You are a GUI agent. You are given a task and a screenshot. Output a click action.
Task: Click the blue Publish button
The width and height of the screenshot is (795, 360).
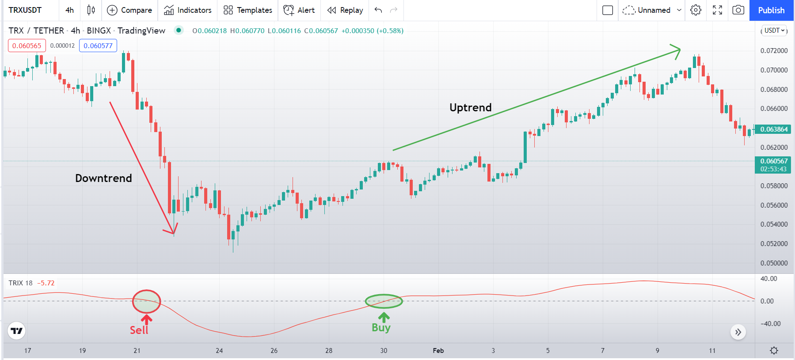(x=771, y=10)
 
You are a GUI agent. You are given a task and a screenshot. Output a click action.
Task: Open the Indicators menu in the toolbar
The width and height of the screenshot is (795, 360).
(x=188, y=10)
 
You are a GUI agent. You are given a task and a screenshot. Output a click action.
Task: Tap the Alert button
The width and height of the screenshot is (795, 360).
(x=299, y=10)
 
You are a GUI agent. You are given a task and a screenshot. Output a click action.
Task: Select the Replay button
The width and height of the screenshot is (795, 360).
(x=345, y=10)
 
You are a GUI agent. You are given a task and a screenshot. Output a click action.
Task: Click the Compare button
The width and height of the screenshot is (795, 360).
(x=130, y=10)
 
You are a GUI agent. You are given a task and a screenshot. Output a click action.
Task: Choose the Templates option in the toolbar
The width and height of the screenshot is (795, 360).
(x=248, y=10)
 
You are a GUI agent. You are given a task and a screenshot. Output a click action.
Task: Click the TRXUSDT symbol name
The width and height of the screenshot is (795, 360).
(x=25, y=10)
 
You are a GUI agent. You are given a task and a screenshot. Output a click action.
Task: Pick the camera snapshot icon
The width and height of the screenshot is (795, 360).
(x=738, y=10)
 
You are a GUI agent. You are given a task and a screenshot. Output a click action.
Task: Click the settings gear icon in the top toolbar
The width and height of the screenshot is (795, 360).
(x=696, y=10)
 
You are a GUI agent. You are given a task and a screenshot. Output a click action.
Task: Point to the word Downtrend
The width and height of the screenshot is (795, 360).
(x=103, y=178)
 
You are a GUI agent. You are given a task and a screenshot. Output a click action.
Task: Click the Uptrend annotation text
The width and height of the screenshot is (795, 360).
(x=470, y=108)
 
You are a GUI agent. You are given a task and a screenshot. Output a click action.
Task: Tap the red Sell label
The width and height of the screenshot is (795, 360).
(x=139, y=330)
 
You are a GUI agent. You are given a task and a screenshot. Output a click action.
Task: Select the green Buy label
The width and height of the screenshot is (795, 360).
(x=381, y=327)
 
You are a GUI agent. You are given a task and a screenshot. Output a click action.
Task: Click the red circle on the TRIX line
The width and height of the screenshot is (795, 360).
(x=146, y=302)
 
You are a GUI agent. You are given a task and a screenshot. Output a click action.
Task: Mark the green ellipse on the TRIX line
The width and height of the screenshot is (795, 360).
(x=384, y=301)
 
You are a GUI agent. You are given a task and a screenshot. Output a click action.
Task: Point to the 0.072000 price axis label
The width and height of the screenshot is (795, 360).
(x=774, y=51)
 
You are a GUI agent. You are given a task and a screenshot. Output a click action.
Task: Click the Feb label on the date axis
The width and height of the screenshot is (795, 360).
(x=438, y=351)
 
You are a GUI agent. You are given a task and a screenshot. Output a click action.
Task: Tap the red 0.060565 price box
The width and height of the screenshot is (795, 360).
(x=27, y=45)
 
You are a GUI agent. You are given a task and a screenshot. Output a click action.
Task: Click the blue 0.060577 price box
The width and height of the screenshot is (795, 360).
(x=98, y=45)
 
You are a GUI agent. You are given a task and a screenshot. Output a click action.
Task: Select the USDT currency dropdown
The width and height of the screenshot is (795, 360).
(x=774, y=30)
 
